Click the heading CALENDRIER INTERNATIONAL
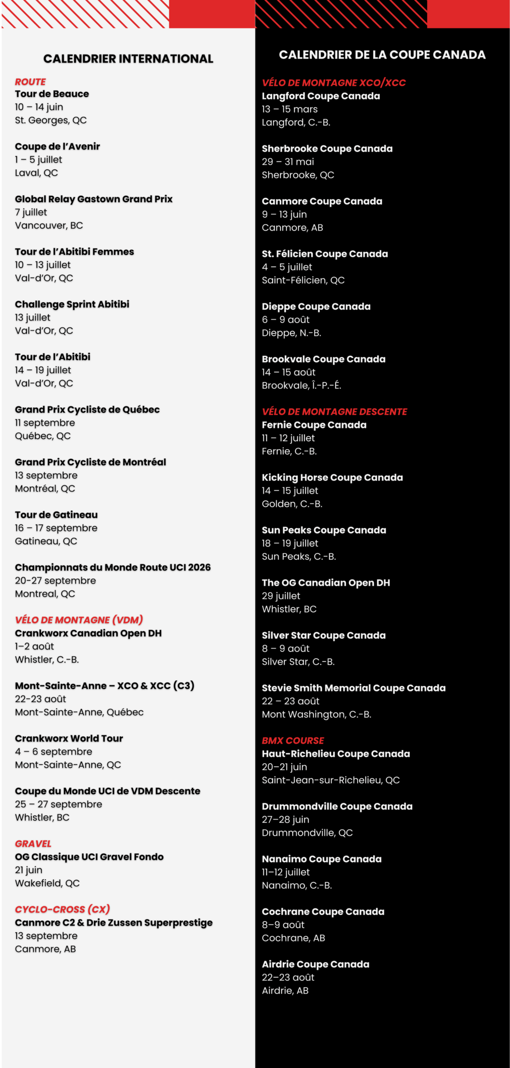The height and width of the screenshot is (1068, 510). click(x=128, y=59)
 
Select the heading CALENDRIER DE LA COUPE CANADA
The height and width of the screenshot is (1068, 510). click(x=382, y=55)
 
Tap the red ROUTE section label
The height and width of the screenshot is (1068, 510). click(x=30, y=82)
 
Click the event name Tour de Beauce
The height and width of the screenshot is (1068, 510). click(x=52, y=94)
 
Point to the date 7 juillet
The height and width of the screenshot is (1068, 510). click(x=31, y=212)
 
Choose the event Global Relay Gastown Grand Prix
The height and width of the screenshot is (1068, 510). click(x=93, y=199)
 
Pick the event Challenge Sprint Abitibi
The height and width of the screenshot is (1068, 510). click(x=72, y=304)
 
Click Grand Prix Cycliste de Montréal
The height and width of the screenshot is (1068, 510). click(x=90, y=462)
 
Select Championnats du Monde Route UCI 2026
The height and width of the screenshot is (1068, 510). click(x=113, y=567)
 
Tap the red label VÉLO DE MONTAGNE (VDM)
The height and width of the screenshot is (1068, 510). click(x=79, y=620)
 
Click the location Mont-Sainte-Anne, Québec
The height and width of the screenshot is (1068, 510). click(x=79, y=712)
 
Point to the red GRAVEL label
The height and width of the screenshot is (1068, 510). click(x=33, y=843)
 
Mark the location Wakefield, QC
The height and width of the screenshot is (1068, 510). click(x=47, y=883)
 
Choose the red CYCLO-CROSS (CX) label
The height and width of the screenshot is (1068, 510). click(x=62, y=909)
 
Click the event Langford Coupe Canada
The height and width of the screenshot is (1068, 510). click(x=321, y=96)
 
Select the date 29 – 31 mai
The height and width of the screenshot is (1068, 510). click(x=288, y=162)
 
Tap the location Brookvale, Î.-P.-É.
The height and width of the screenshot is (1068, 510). click(x=301, y=385)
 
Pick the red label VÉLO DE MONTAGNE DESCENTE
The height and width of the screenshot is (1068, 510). click(x=334, y=411)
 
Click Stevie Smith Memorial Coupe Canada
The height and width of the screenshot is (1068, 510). click(x=353, y=688)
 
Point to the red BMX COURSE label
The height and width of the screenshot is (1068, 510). click(x=293, y=740)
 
